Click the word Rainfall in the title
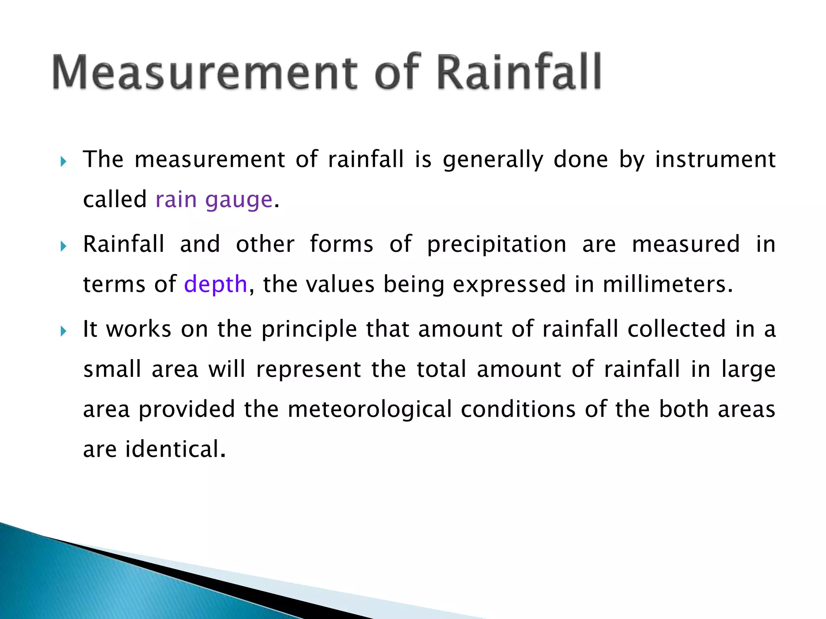[519, 73]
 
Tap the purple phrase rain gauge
[214, 200]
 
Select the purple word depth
[215, 285]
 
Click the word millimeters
[667, 285]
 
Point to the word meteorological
[369, 409]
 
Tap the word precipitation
[496, 245]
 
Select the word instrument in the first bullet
[715, 160]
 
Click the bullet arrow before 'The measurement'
[63, 162]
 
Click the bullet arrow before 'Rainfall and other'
[63, 246]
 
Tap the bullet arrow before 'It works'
[63, 331]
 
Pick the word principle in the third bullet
[309, 330]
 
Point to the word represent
[309, 370]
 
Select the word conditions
[518, 409]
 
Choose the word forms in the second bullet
[341, 245]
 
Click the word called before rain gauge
[115, 200]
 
